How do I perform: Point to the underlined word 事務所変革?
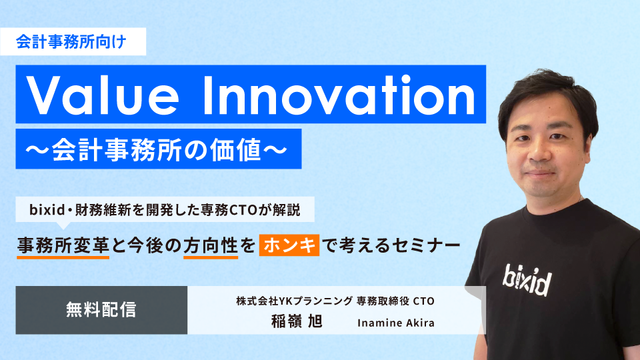tap(63, 245)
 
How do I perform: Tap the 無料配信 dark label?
tap(101, 309)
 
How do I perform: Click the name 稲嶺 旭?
tap(293, 321)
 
